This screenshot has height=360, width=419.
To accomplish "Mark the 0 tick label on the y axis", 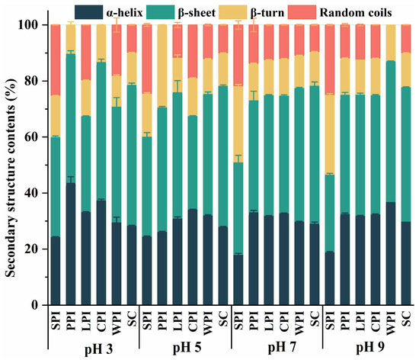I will (x=37, y=305).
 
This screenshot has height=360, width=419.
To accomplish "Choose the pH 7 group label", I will (x=280, y=349).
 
